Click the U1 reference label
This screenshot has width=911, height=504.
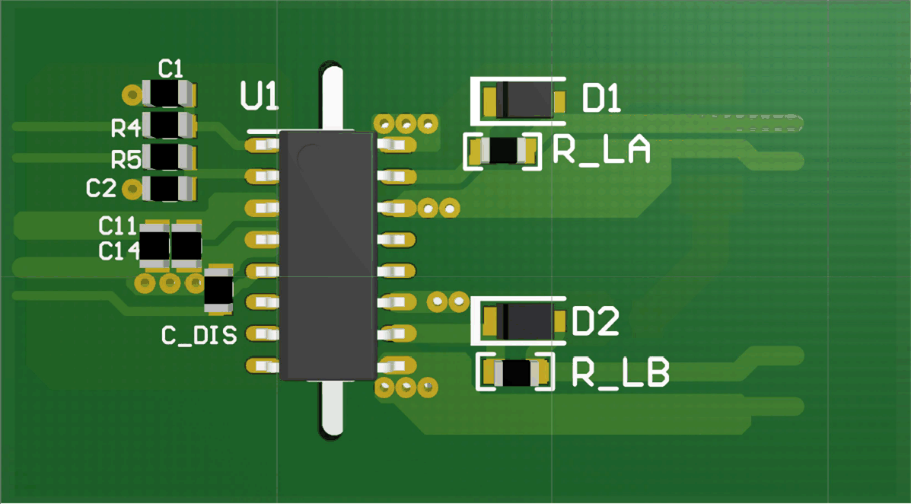(259, 97)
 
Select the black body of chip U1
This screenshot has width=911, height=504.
(327, 255)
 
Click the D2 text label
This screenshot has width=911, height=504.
(595, 323)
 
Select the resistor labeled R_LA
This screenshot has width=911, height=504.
(502, 151)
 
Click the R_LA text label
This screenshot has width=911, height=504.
(601, 151)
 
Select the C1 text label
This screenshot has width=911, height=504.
(170, 69)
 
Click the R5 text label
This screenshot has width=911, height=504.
(126, 160)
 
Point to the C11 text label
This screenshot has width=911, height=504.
(117, 225)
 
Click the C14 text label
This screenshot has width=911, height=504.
(117, 251)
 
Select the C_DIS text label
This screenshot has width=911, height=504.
(199, 335)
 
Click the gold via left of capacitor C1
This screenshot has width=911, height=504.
(132, 94)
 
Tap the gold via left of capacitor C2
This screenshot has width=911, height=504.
(132, 187)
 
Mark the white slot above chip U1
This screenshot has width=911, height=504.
(333, 97)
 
